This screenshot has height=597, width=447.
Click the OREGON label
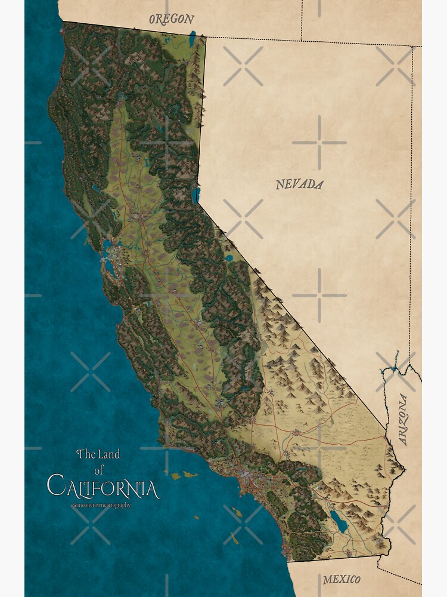click(172, 19)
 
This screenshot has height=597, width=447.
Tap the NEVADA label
click(299, 184)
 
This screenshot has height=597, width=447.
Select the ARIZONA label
click(403, 420)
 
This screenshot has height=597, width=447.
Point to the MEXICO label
click(342, 580)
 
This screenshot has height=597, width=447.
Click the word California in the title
click(103, 487)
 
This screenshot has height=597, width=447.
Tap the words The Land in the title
click(98, 454)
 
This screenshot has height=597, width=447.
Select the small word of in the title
click(98, 471)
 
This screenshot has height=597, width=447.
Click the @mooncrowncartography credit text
click(101, 505)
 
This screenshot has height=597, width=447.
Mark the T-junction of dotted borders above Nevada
click(302, 41)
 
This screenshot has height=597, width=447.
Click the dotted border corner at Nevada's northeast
click(411, 45)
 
